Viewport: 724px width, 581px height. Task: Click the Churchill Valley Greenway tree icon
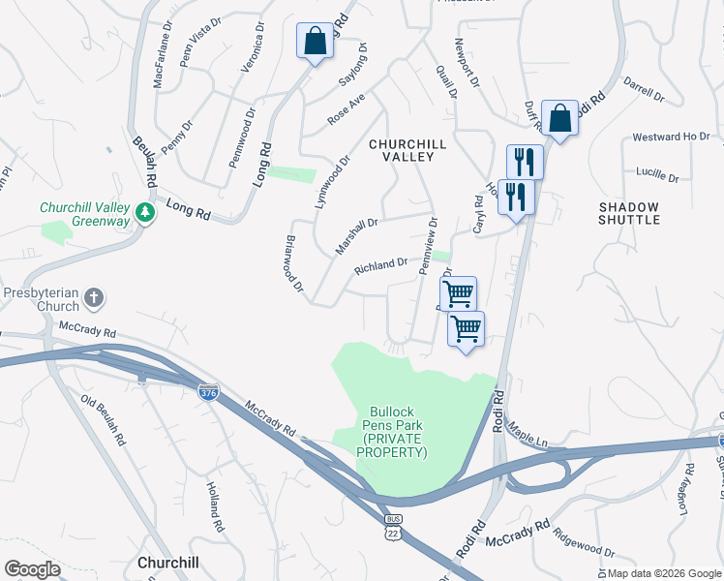click(145, 212)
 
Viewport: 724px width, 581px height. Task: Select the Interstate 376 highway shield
click(208, 393)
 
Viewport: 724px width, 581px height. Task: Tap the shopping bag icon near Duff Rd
click(559, 119)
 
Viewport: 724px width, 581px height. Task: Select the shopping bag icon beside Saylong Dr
click(315, 42)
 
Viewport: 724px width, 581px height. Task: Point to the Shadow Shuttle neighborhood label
click(628, 213)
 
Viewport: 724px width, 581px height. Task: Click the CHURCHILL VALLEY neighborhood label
click(407, 151)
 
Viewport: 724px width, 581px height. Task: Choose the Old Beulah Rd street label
click(104, 421)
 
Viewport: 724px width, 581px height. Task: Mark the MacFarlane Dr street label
click(162, 61)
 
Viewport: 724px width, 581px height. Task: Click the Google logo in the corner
click(32, 568)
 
